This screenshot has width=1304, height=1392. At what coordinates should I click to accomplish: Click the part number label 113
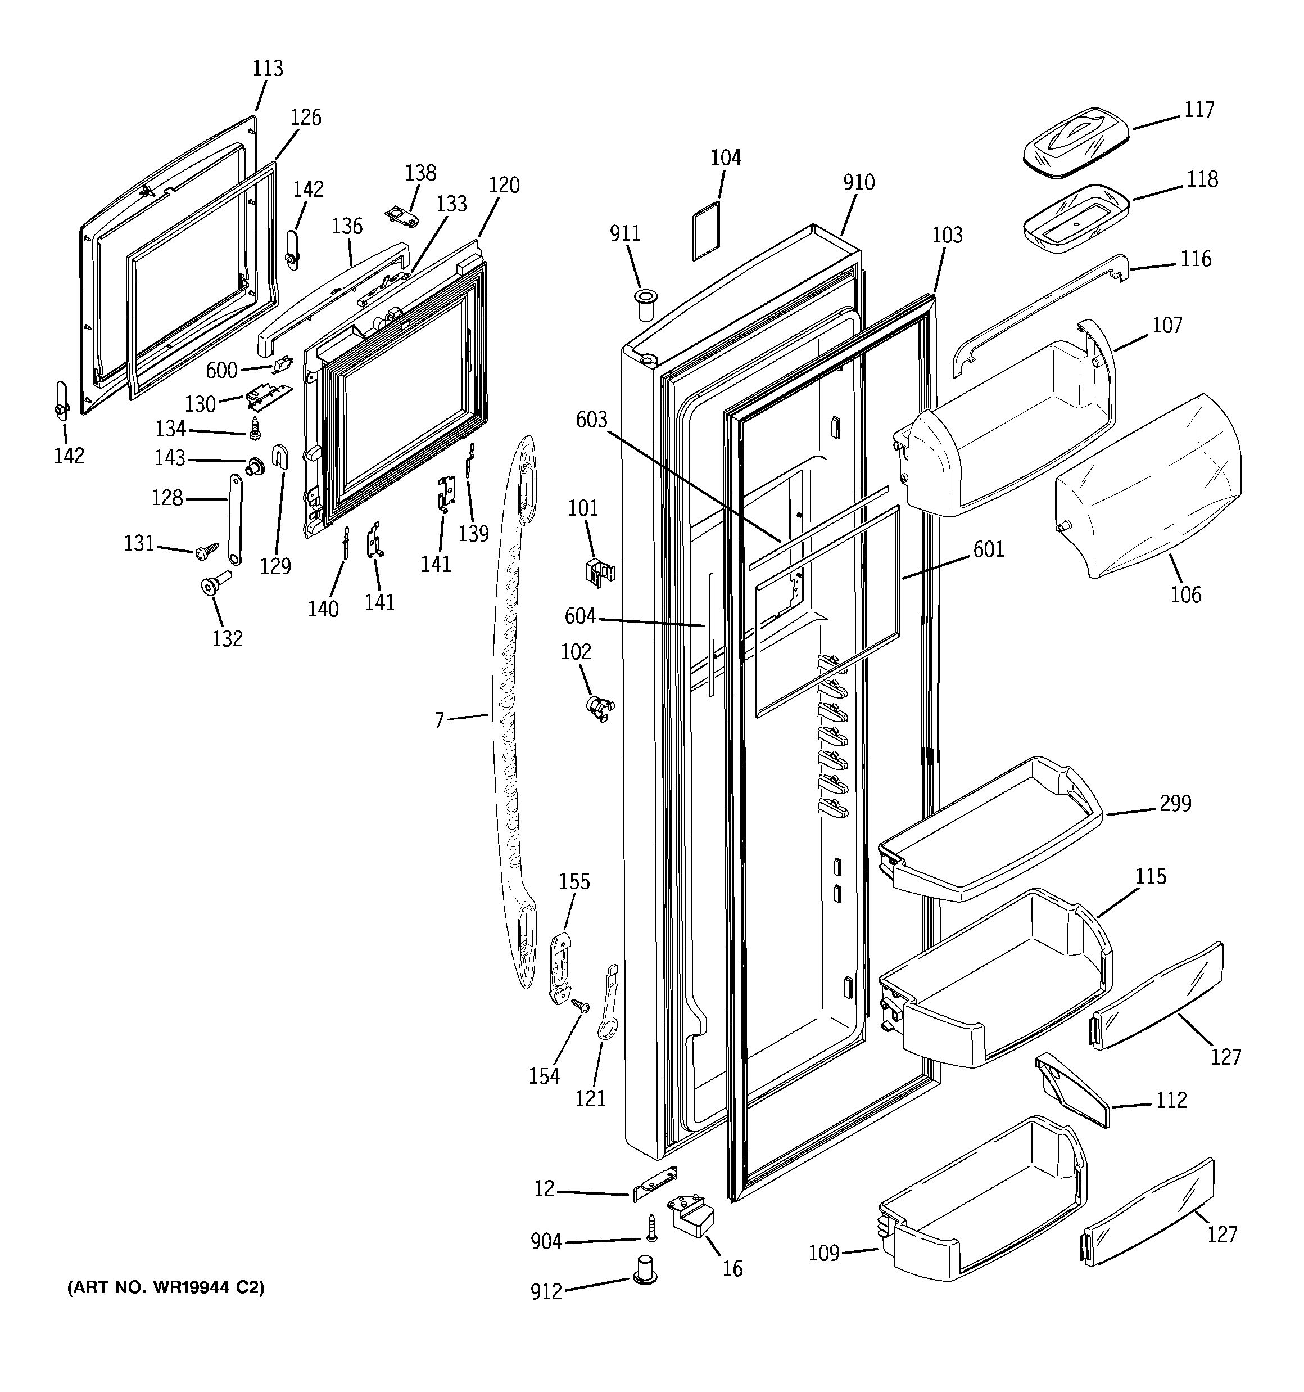coord(268,69)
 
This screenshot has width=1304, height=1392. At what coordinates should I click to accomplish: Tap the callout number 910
coord(858,182)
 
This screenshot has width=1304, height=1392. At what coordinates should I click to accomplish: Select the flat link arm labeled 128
coord(233,518)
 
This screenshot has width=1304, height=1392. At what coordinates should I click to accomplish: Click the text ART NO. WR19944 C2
coord(166,1287)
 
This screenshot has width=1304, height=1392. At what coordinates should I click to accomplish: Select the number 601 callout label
coord(988,549)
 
